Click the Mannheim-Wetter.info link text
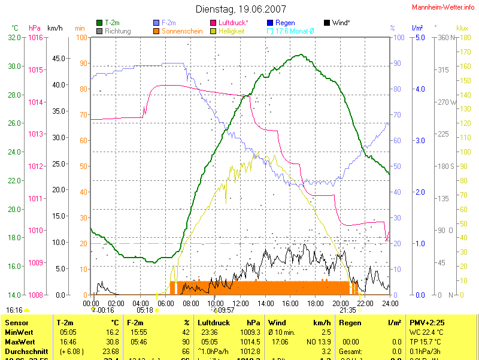pyautogui.click(x=444, y=7)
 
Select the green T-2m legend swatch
pyautogui.click(x=100, y=23)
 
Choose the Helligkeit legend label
pyautogui.click(x=231, y=31)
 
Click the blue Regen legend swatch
pyautogui.click(x=269, y=23)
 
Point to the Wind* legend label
pyautogui.click(x=341, y=23)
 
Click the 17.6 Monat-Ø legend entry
pyautogui.click(x=294, y=31)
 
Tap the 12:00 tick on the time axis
pyautogui.click(x=240, y=304)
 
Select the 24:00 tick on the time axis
pyautogui.click(x=390, y=304)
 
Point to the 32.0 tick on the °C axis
pyautogui.click(x=14, y=37)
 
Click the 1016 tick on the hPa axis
pyautogui.click(x=36, y=37)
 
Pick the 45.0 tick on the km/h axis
pyautogui.click(x=59, y=58)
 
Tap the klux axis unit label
pyautogui.click(x=462, y=28)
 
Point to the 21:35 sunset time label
pyautogui.click(x=347, y=310)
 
